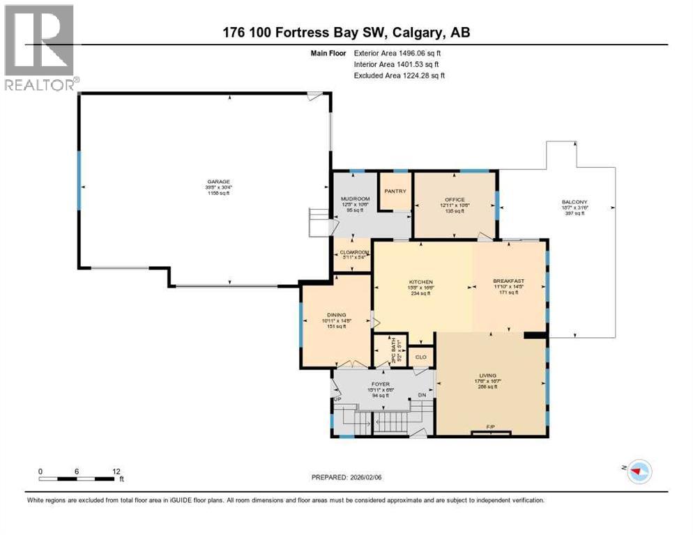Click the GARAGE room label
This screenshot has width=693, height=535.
[x=218, y=181]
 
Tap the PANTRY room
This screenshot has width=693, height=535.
[x=395, y=191]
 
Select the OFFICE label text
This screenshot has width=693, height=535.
[x=455, y=200]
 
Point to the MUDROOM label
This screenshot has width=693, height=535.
[x=354, y=199]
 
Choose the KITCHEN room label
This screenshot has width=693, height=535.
[x=421, y=282]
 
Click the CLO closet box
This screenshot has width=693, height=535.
[x=420, y=357]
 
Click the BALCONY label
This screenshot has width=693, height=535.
[x=576, y=203]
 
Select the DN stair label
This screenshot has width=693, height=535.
[x=421, y=395]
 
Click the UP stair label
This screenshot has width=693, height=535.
[x=337, y=398]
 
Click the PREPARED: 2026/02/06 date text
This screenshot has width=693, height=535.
[x=357, y=477]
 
